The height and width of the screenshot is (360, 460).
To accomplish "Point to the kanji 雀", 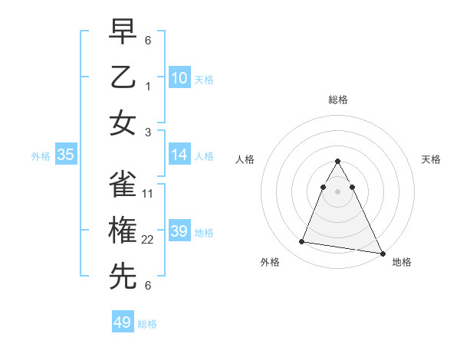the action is point(123,184).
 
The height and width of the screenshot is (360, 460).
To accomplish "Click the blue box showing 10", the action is point(179,77).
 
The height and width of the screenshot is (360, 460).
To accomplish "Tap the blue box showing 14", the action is point(179,155).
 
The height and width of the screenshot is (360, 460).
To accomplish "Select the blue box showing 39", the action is point(179,231).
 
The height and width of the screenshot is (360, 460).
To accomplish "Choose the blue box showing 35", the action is point(66,155).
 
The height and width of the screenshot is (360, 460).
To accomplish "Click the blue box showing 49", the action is point(123,322).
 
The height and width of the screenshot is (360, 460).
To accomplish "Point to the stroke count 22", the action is point(148,240).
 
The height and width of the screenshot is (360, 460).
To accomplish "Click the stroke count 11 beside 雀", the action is point(148,193).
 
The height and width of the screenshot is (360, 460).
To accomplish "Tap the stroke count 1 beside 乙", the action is point(148,87).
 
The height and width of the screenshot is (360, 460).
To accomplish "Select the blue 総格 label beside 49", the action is point(147,324).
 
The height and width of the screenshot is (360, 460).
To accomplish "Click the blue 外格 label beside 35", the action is point(41,156).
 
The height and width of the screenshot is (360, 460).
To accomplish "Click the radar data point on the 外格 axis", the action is point(302,242).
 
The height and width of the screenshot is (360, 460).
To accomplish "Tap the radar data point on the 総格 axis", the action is point(337,162).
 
